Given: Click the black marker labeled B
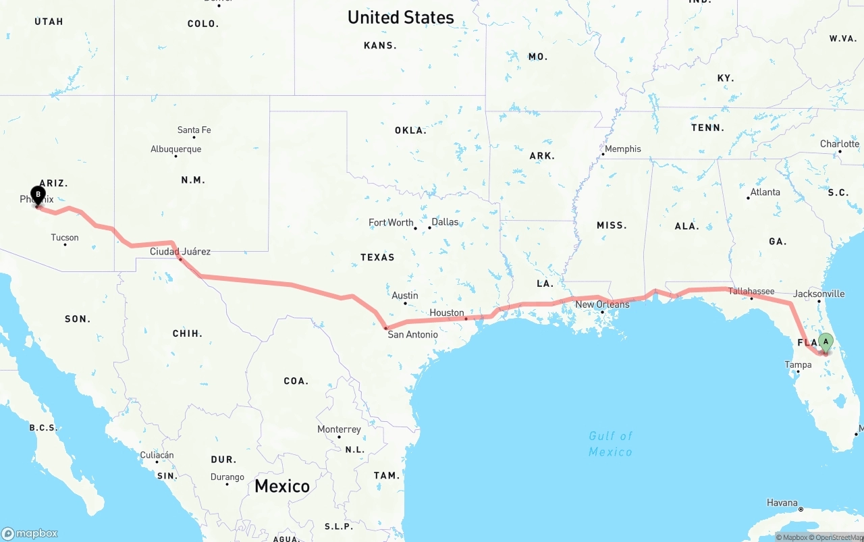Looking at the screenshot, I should tap(38, 196).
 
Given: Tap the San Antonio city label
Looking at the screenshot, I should tap(412, 334).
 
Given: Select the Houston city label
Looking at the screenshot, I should tap(447, 313).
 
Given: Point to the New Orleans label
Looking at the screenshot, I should tap(602, 304).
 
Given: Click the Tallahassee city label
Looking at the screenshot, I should tap(751, 291).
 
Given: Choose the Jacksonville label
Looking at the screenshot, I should tap(819, 294).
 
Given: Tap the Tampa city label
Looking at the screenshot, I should tap(798, 364).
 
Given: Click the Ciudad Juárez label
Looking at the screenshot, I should tap(180, 252).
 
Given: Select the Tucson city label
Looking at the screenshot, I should tap(65, 238).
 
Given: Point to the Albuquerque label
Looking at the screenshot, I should tap(175, 149).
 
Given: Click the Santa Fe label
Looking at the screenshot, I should tap(194, 130).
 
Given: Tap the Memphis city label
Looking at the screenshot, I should tap(623, 148).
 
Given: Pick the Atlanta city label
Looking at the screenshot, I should tap(765, 192).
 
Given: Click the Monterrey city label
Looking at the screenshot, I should tap(339, 429).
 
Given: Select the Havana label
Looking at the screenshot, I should tap(782, 503).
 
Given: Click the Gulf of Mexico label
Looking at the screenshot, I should tap(610, 443).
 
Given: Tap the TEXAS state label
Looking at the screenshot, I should tap(377, 257).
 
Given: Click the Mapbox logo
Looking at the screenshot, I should tap(30, 533).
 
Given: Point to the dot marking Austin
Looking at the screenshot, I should tap(405, 303).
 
